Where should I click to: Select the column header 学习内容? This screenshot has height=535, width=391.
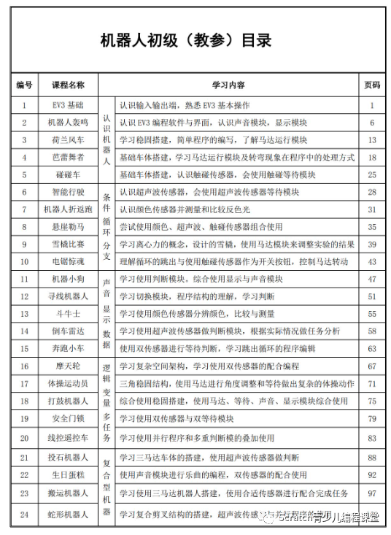(x=228, y=85)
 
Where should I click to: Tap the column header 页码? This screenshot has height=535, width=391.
(x=371, y=85)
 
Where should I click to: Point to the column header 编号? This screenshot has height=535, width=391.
(x=24, y=85)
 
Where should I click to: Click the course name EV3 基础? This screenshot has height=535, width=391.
(x=67, y=105)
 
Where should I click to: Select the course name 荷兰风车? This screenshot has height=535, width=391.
(x=67, y=139)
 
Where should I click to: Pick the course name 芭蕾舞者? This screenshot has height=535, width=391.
(x=67, y=157)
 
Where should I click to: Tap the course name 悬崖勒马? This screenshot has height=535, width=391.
(x=67, y=226)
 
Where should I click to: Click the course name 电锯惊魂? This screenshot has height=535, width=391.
(x=67, y=261)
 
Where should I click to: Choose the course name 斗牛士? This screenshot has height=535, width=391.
(x=67, y=314)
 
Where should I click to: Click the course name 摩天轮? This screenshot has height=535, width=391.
(x=67, y=366)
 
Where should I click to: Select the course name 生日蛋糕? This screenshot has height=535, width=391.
(x=67, y=474)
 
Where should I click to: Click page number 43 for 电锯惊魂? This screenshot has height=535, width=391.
(x=371, y=261)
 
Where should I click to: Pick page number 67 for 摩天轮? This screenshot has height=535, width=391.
(x=371, y=366)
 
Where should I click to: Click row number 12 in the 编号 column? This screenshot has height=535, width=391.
(x=24, y=296)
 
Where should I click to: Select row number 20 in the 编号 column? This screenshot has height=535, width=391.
(x=24, y=438)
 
